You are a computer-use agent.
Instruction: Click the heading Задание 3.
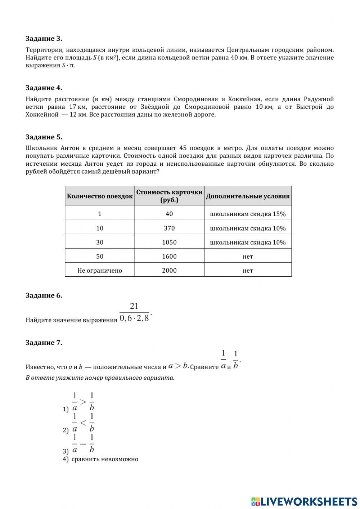point(44,39)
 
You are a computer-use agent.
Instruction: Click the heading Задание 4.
point(44,88)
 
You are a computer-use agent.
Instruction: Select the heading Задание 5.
point(44,137)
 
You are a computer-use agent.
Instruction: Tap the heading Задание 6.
point(44,295)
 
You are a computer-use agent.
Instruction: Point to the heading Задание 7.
point(44,343)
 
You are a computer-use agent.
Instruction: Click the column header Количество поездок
point(100,196)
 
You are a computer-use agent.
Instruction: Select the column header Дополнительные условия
point(248,196)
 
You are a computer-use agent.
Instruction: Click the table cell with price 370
point(169,228)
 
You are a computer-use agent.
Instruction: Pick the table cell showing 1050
point(169,242)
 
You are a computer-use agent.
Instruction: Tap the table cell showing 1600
point(169,256)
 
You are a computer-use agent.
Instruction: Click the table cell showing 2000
point(169,270)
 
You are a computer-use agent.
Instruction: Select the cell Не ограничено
point(100,270)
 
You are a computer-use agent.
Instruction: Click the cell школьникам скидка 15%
point(248,214)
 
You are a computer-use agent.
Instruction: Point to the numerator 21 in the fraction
point(134,306)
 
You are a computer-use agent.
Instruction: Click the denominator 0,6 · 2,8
point(134,318)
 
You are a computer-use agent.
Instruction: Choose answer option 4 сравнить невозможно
point(104,459)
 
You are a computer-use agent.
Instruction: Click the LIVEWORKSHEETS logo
point(304,501)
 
